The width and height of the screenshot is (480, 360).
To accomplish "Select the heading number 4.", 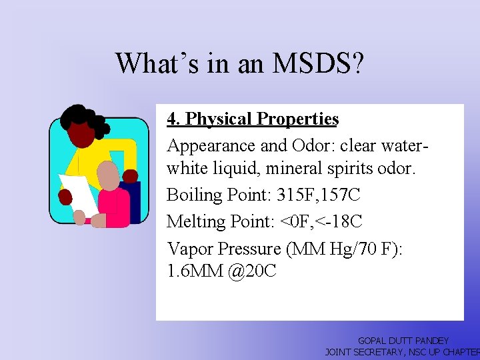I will click(x=173, y=119).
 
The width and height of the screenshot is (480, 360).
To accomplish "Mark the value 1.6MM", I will click(x=193, y=271).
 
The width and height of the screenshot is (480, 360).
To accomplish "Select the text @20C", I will click(x=251, y=271).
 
